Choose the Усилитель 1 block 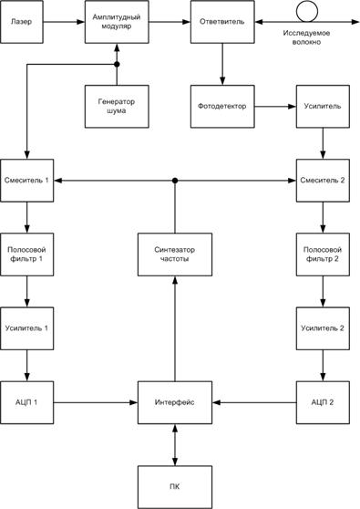(26, 327)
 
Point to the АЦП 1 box (26, 400)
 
